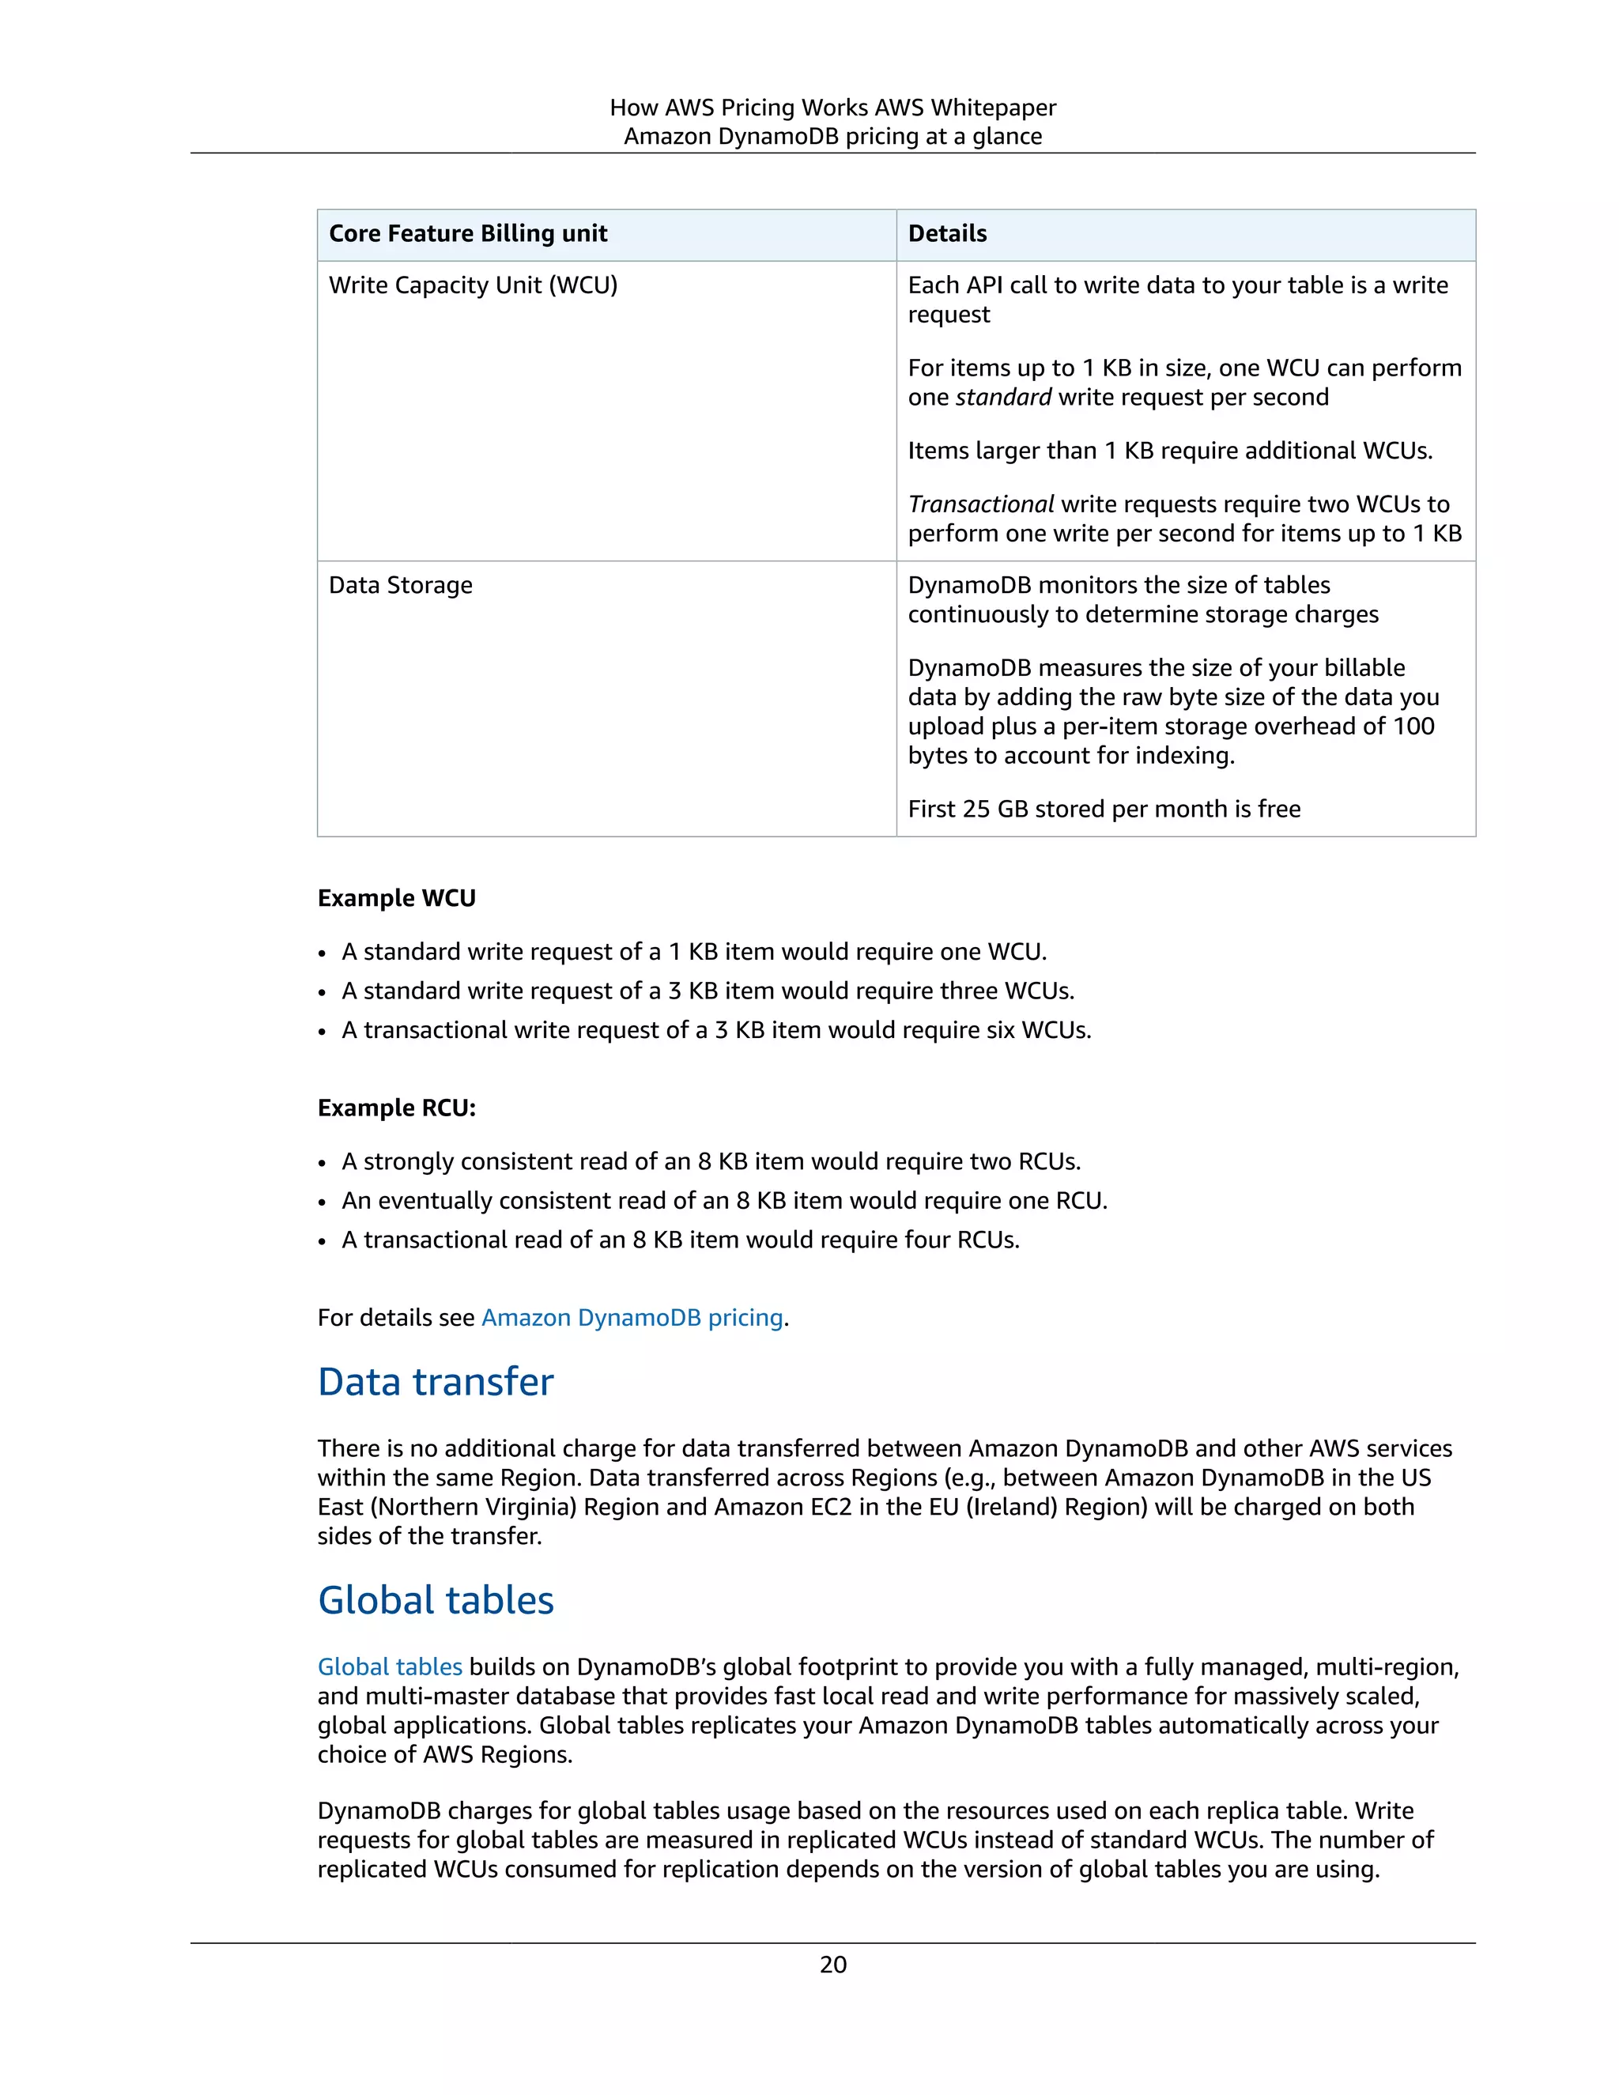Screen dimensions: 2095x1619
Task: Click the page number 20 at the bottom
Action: point(832,1965)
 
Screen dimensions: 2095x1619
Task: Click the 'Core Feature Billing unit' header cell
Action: point(468,234)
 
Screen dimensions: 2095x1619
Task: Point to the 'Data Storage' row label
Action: point(401,585)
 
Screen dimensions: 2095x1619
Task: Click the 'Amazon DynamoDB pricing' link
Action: point(632,1318)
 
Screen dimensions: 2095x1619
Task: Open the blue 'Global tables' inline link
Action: point(390,1667)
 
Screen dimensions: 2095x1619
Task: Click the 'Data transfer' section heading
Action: point(436,1382)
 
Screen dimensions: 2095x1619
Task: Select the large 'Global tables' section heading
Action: point(436,1601)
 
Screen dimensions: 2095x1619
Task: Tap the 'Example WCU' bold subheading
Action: point(396,899)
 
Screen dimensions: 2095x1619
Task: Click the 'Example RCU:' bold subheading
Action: point(396,1108)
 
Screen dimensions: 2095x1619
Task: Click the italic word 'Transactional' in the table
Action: point(980,504)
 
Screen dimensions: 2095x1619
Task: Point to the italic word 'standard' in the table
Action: point(1003,397)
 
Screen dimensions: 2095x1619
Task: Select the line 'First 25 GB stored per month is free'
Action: point(1104,810)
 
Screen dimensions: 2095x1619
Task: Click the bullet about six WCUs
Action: point(716,1030)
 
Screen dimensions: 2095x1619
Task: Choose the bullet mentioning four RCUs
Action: point(680,1240)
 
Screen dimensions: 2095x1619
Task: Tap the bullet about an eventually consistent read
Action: point(724,1201)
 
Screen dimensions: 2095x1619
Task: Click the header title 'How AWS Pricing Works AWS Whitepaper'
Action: point(832,108)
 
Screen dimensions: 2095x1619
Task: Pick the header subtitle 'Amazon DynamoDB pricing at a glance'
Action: point(832,136)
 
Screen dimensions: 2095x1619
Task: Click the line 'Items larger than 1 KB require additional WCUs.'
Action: point(1170,451)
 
